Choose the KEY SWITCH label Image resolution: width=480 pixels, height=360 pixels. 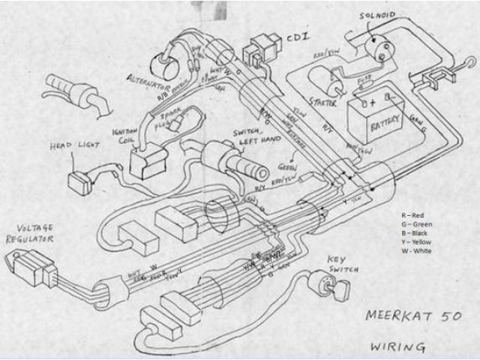tap(343, 265)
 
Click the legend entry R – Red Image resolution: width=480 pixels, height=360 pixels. tap(412, 215)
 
